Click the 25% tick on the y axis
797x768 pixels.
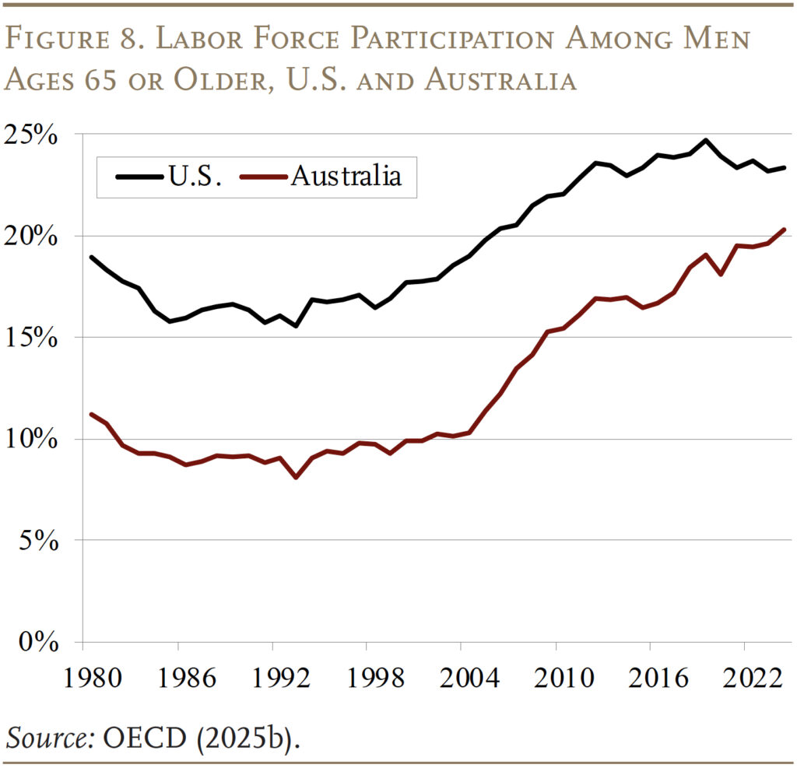pos(33,135)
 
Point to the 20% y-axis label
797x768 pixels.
pos(33,236)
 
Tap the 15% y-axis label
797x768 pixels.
pos(33,338)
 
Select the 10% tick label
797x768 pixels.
pos(33,439)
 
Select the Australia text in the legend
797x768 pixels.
pos(346,177)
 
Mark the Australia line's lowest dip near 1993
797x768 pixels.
pos(296,477)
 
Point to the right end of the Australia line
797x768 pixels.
pos(784,230)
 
